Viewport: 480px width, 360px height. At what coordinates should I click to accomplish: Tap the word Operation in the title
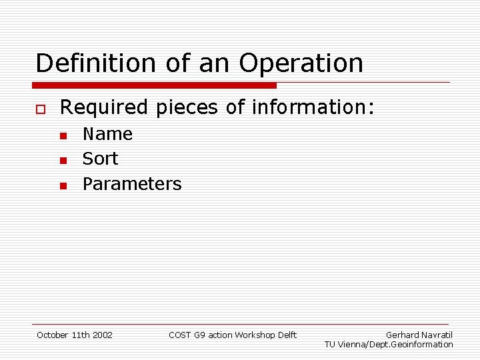pos(301,63)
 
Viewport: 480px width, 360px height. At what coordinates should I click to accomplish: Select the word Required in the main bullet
pos(104,107)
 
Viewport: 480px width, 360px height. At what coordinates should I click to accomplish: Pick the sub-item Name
pos(107,134)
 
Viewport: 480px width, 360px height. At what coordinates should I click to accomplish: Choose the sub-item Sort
pos(100,159)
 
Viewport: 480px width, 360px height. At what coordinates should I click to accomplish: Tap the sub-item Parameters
pos(132,184)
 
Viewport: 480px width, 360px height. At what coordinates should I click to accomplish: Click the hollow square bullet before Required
pos(40,108)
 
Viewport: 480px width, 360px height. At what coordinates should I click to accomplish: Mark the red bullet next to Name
pos(62,136)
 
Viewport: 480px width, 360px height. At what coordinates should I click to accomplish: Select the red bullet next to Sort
pos(62,161)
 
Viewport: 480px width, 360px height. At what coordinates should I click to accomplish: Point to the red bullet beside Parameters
pos(62,185)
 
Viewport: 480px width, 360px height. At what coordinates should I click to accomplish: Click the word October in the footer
pos(53,335)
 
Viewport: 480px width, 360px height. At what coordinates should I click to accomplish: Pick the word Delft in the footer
pos(286,335)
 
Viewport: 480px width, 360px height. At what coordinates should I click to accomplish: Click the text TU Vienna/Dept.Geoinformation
pos(389,345)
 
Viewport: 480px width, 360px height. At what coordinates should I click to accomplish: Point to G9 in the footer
pos(199,335)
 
